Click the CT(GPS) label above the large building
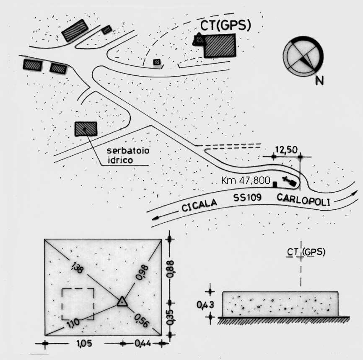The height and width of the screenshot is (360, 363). click(x=225, y=26)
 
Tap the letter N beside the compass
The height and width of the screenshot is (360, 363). click(x=319, y=80)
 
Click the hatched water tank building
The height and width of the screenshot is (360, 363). click(x=86, y=129)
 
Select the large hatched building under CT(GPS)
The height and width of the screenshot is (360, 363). click(x=220, y=45)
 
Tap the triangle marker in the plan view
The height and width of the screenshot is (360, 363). click(x=122, y=301)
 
